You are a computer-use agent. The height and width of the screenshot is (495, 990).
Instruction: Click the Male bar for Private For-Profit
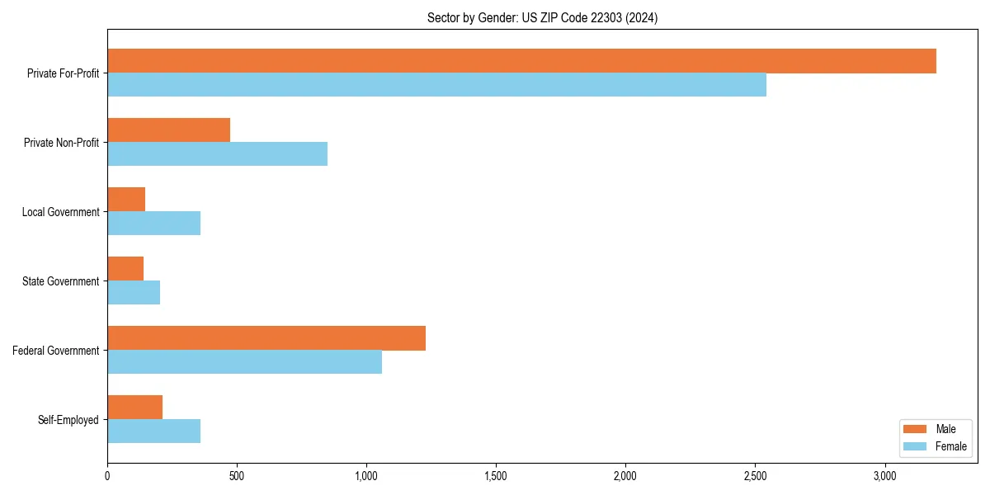click(521, 61)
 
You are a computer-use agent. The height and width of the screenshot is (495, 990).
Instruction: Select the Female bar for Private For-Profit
click(436, 85)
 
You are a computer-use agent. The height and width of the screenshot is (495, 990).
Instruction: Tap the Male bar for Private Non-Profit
click(168, 130)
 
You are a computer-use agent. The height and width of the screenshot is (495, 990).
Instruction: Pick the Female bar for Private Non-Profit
click(217, 154)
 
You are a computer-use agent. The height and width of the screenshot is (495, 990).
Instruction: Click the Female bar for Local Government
click(153, 224)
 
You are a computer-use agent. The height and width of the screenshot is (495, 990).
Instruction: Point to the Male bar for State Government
click(125, 269)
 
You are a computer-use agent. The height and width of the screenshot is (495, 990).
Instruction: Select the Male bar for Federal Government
click(266, 338)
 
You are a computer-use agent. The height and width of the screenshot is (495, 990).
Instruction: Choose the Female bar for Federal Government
click(244, 362)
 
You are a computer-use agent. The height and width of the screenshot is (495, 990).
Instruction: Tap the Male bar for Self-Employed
click(134, 408)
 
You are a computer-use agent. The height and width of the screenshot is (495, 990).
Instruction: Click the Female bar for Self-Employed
click(153, 431)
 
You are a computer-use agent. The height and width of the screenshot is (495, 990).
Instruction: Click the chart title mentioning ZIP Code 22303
click(542, 17)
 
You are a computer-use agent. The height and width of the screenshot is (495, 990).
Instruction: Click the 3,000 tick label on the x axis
click(884, 476)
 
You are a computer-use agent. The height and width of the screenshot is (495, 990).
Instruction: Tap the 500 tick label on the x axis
click(236, 476)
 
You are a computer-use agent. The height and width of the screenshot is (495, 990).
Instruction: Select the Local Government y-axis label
click(60, 212)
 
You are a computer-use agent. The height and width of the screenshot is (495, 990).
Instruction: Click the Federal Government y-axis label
click(55, 351)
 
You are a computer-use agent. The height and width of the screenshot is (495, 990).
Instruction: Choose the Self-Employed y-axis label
click(68, 420)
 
